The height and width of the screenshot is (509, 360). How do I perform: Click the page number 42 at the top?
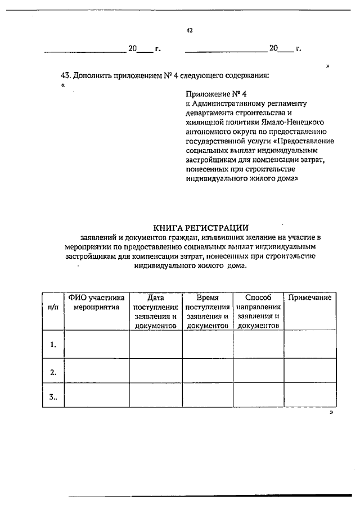pos(190,31)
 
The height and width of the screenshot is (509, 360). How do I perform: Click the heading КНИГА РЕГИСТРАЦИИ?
pos(201,227)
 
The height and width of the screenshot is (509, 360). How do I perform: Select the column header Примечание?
pos(310,298)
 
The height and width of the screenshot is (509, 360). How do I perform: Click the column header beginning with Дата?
pos(155,311)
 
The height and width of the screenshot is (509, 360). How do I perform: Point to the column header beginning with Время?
pos(207,311)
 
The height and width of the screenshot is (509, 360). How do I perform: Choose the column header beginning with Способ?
pos(258,311)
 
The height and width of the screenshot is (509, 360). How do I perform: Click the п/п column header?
pos(53,308)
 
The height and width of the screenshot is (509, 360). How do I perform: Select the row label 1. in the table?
pos(53,344)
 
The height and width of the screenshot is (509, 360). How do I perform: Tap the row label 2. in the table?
pos(53,372)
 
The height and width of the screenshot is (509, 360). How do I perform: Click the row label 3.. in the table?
pos(53,397)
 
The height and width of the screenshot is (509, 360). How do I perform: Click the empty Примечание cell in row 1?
pos(310,344)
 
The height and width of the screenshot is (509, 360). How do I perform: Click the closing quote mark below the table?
pos(331,412)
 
